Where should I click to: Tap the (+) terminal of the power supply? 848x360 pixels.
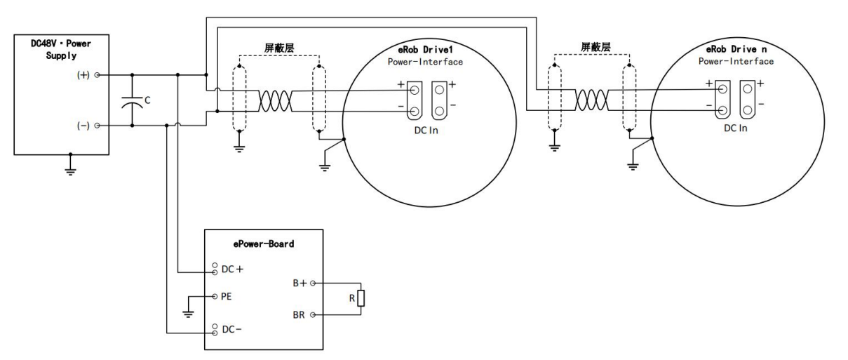tap(97, 74)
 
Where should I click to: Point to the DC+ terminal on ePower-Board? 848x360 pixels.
tap(213, 269)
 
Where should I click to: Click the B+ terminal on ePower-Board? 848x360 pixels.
tap(312, 284)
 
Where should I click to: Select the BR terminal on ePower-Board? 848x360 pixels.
tap(312, 316)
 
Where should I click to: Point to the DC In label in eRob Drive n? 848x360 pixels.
tap(733, 128)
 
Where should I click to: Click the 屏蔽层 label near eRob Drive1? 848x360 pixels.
tap(280, 48)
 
